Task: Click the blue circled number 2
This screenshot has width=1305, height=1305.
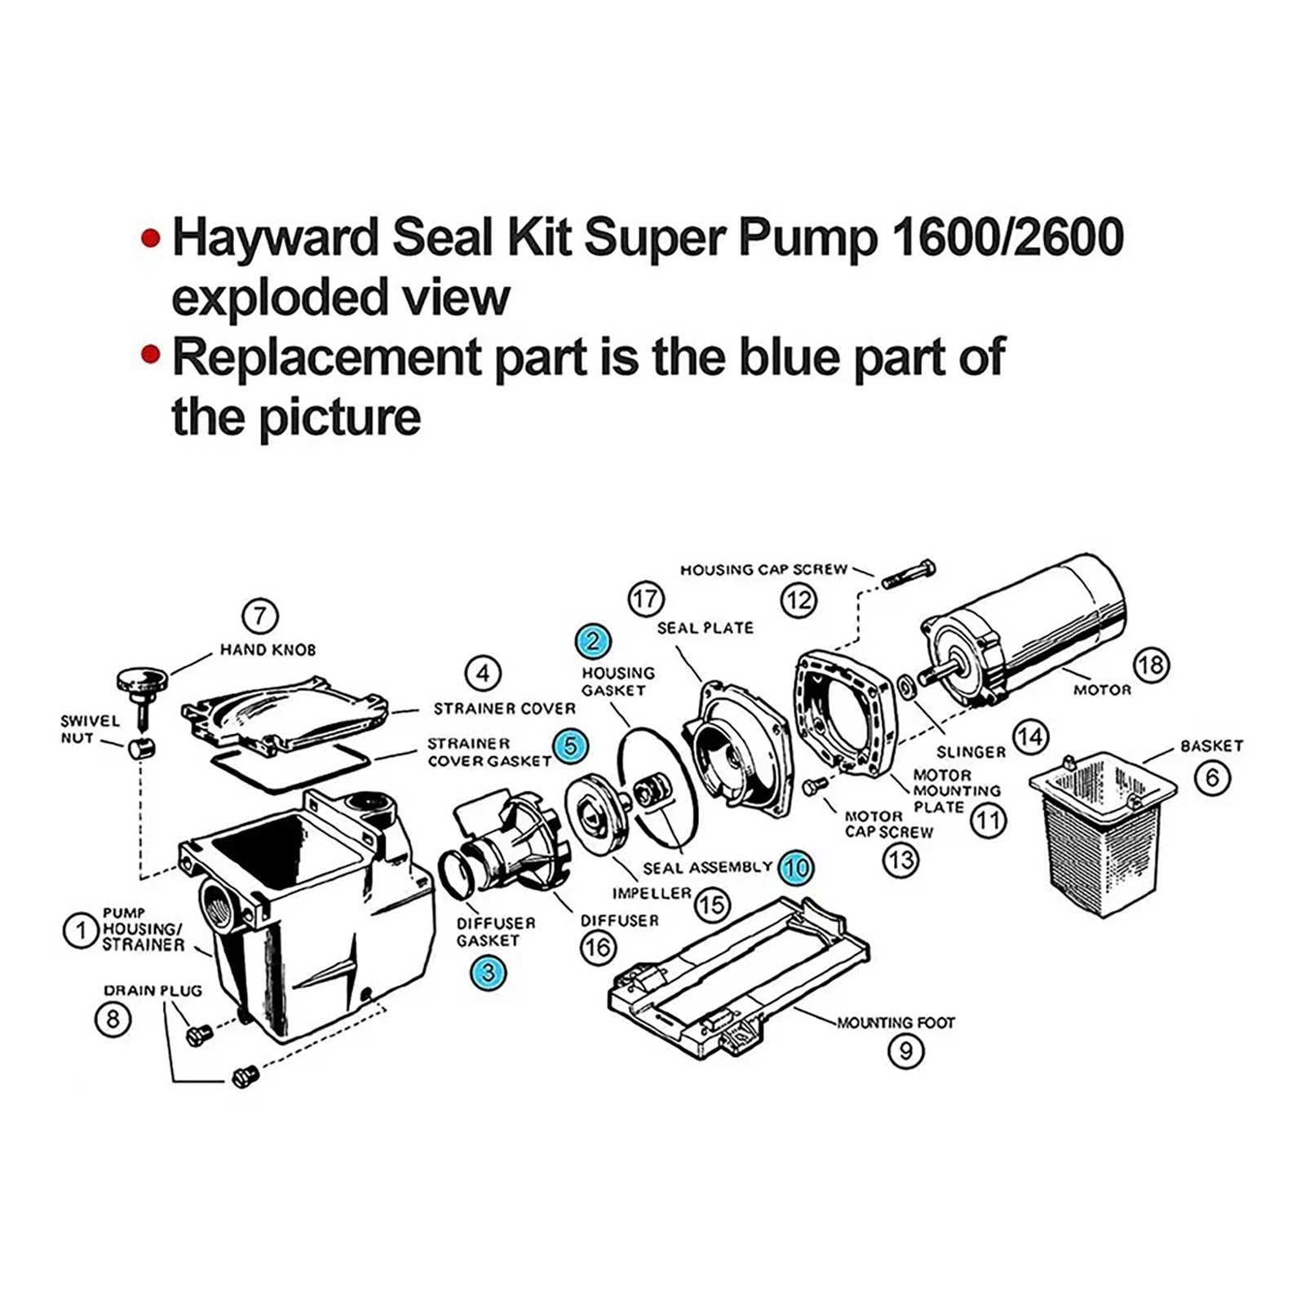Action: (x=592, y=641)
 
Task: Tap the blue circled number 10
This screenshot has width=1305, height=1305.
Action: (x=795, y=867)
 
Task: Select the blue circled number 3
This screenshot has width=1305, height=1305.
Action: (x=489, y=972)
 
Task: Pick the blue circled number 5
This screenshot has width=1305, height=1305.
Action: (x=570, y=745)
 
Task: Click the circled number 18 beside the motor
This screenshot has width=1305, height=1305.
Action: (x=1151, y=666)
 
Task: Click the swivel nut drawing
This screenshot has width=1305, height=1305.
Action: (x=141, y=748)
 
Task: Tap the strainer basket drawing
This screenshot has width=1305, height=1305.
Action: (x=1102, y=832)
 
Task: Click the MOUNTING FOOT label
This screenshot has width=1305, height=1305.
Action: (x=896, y=1022)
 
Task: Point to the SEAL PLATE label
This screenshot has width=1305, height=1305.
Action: (x=705, y=628)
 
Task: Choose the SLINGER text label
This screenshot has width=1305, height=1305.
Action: (x=971, y=752)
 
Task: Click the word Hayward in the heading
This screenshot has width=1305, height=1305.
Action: (x=276, y=237)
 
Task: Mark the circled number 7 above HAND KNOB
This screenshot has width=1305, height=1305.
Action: (x=260, y=616)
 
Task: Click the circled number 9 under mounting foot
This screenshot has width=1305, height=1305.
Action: (x=905, y=1051)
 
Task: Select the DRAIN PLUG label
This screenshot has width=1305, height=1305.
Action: (x=153, y=991)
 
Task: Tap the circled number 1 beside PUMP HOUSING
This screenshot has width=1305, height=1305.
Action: (x=81, y=931)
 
